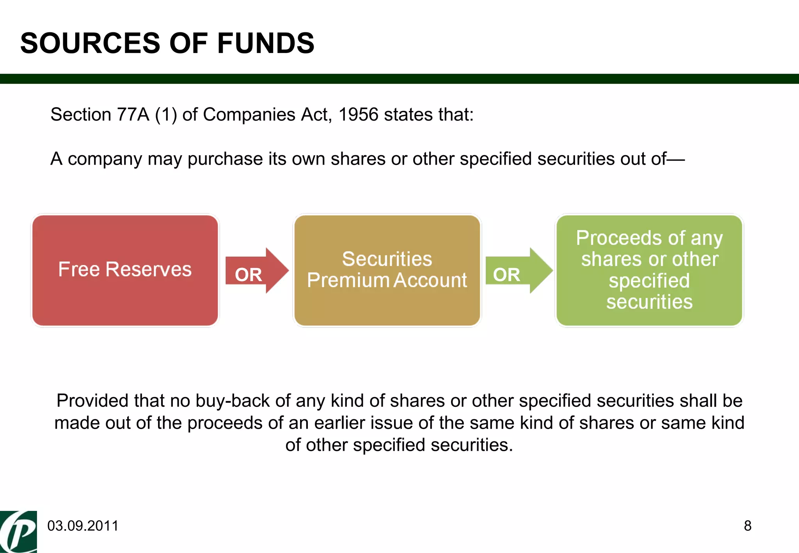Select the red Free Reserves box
[x=125, y=270]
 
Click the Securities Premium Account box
[x=387, y=270]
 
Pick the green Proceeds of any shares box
[x=649, y=270]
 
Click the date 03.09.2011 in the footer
[x=83, y=526]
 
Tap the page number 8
[x=748, y=526]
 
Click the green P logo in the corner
[x=18, y=532]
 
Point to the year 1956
[x=358, y=115]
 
